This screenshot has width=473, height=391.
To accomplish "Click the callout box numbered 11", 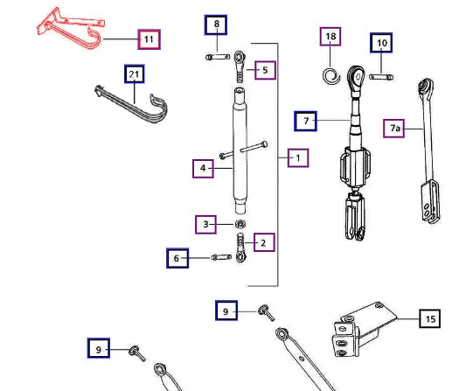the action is pos(149,39).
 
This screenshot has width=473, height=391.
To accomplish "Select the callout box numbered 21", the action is pos(135,74).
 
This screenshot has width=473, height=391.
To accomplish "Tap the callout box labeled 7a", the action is pos(393,129).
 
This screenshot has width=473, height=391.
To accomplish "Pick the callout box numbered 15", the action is pos(430,318).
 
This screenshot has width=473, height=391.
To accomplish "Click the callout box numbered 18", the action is pos(330,37).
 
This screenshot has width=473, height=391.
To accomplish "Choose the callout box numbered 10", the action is pos(381,43).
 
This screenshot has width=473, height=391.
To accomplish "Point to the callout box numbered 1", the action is pos(298,157).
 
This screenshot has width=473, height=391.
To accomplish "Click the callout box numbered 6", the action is pos(177,258).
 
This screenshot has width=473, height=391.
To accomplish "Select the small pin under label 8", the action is pos(218,57).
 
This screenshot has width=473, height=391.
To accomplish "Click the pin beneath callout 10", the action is pos(381,77).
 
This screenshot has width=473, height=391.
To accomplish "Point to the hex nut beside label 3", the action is pos(240,224).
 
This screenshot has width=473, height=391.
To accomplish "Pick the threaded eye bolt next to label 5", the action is pos(240,66).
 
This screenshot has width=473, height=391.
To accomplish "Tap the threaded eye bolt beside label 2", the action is pos(240,248).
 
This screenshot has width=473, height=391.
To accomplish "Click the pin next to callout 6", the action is pos(221,257).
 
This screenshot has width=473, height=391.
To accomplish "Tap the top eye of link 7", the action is pos(357,77).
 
